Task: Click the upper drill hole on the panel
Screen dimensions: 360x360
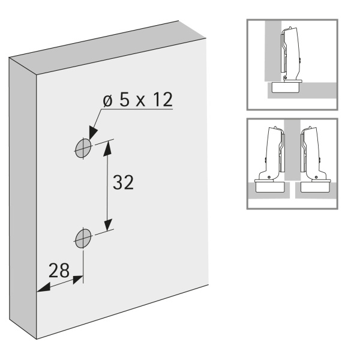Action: (83, 148)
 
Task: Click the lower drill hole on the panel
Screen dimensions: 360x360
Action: (83, 238)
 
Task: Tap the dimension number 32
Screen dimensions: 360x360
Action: (123, 182)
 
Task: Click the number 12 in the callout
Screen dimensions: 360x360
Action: (163, 100)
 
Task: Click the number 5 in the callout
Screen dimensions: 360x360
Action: (124, 100)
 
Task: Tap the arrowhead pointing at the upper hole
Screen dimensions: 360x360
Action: (92, 133)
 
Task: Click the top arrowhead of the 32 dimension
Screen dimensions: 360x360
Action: (107, 148)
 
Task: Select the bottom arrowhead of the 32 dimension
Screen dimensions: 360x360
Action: (107, 224)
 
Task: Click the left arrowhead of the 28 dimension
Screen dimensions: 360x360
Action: (43, 287)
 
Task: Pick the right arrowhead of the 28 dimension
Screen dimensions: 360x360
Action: (77, 280)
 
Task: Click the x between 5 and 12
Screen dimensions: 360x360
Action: (140, 102)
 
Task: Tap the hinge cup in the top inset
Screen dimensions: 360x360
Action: (286, 87)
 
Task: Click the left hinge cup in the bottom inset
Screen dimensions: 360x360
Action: (269, 187)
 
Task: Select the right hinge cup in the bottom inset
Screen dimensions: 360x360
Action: (316, 187)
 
